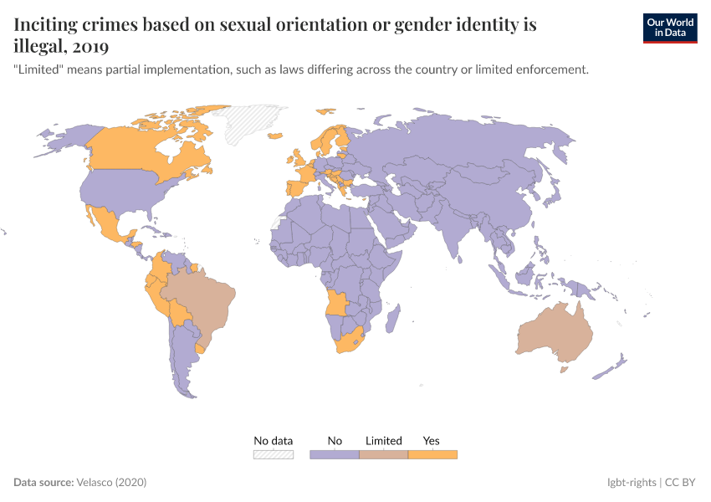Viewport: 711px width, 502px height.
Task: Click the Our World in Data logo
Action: [x=670, y=28]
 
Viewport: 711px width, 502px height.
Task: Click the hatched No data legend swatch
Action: [x=274, y=454]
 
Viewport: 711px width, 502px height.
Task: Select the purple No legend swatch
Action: [x=335, y=454]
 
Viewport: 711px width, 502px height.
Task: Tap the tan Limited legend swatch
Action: [x=384, y=454]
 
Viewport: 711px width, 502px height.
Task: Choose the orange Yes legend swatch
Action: [x=432, y=454]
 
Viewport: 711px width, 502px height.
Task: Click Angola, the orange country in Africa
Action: [x=337, y=302]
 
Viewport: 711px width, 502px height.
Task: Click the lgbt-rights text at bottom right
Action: [x=632, y=483]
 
